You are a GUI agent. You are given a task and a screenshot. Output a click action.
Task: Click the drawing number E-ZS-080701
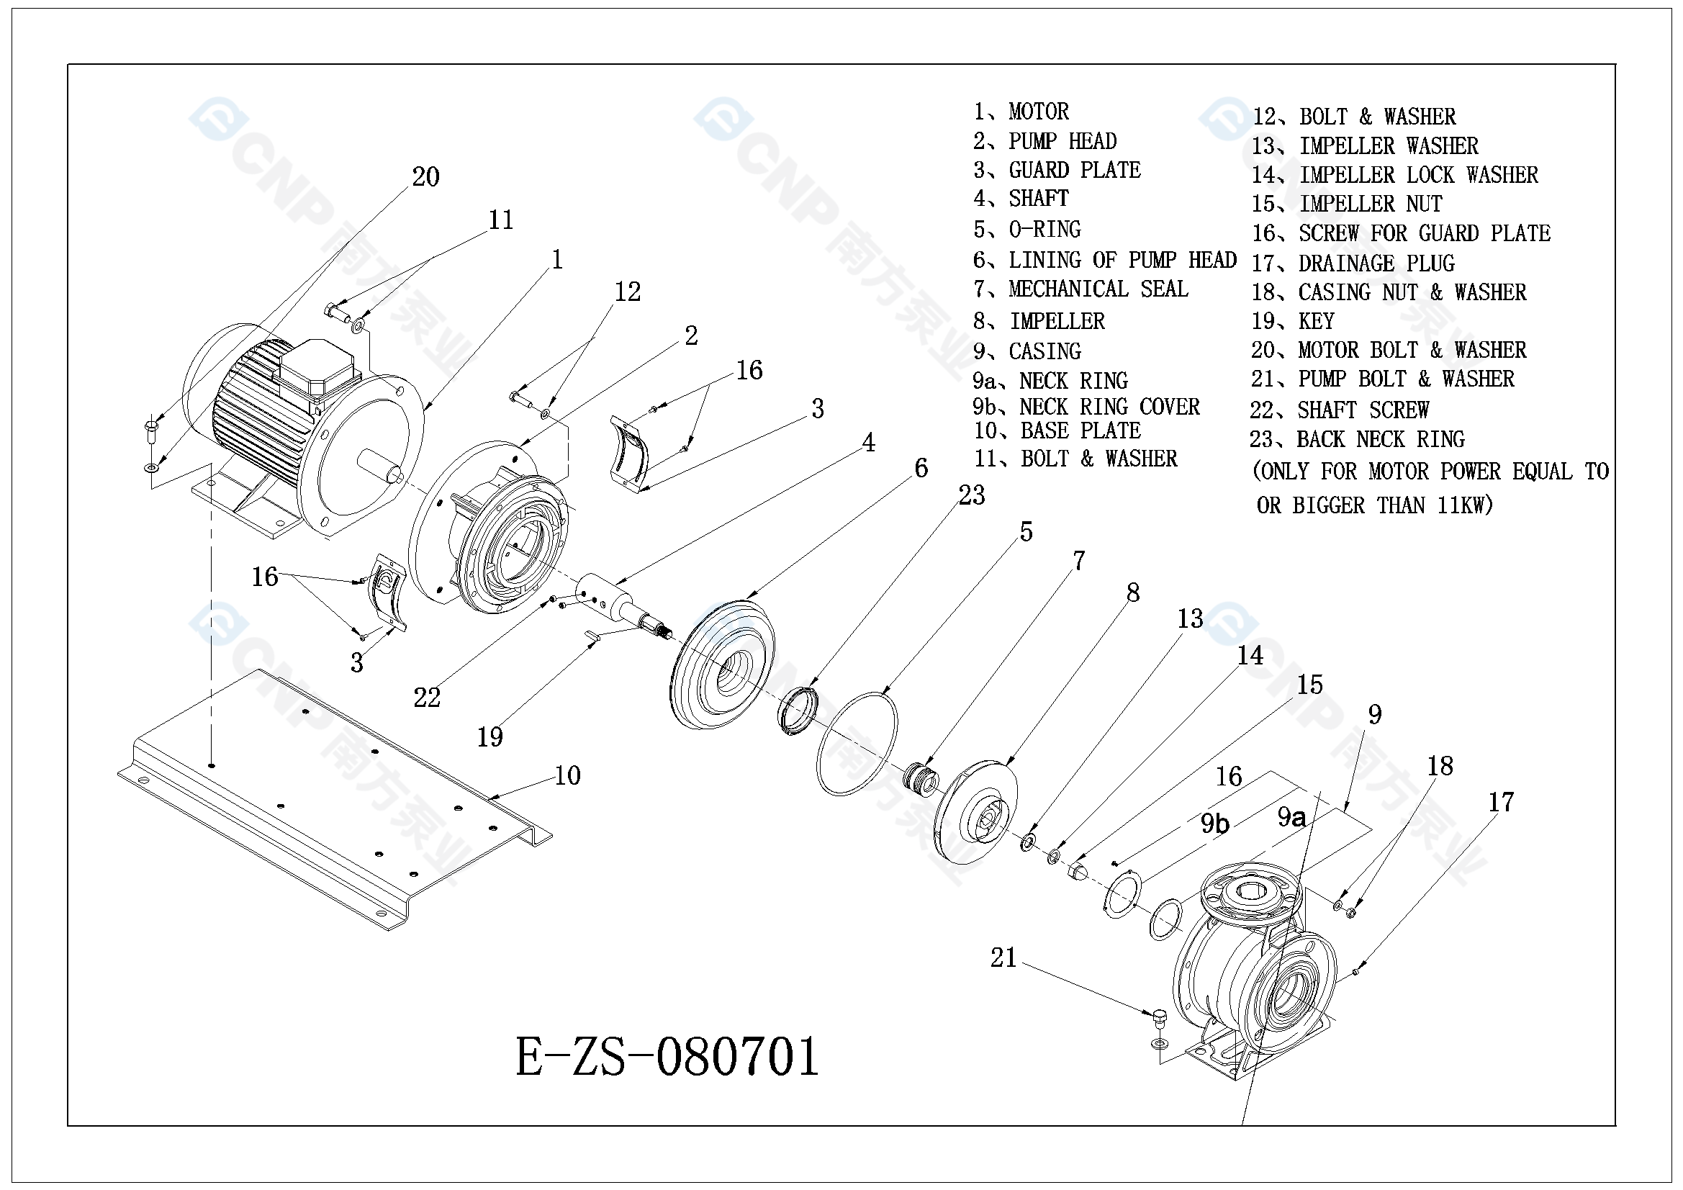(x=667, y=1058)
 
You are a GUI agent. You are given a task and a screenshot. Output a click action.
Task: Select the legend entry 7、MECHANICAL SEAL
(x=1080, y=289)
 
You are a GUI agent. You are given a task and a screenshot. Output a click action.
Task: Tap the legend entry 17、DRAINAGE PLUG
(x=1353, y=263)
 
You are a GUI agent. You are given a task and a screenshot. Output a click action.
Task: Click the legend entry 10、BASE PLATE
(x=1057, y=431)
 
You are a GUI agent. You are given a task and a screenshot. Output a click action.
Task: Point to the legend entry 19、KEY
(x=1292, y=321)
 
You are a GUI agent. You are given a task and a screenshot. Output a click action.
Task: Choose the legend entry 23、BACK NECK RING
(x=1357, y=439)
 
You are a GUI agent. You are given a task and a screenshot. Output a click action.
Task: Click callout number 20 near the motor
(x=425, y=176)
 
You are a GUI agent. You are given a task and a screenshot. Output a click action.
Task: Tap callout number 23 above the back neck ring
(x=971, y=495)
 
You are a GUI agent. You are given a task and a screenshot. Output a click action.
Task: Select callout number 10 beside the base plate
(x=567, y=776)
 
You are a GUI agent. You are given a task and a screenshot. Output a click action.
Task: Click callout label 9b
(x=1214, y=824)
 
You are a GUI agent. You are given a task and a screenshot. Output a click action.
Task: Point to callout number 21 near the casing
(x=1003, y=957)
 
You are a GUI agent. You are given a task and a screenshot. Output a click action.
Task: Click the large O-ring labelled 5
(x=856, y=743)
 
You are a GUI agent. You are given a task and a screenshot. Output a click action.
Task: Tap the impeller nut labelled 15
(x=1078, y=873)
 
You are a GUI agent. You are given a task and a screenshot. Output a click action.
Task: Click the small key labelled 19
(x=592, y=636)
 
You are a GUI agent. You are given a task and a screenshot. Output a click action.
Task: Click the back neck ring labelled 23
(x=798, y=711)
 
